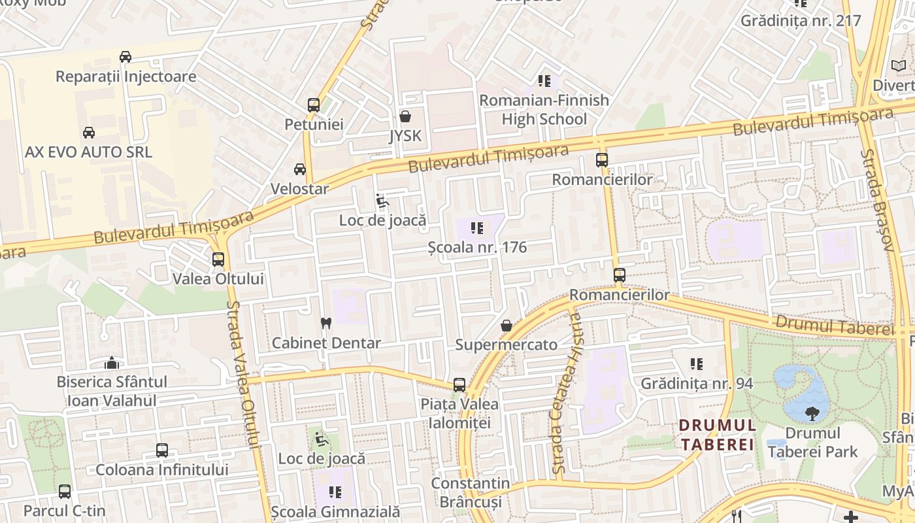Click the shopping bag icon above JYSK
[405, 117]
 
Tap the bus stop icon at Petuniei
[314, 105]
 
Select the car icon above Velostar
[300, 169]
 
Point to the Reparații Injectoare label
[125, 76]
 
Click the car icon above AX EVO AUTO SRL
[88, 133]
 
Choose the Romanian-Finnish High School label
[544, 110]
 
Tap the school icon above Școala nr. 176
[477, 228]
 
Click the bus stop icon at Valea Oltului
[218, 260]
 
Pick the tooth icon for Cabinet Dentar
[326, 323]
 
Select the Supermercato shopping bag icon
[506, 326]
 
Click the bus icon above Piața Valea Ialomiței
[459, 385]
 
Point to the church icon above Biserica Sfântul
[112, 363]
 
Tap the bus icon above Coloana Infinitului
[161, 450]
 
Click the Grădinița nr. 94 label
[697, 383]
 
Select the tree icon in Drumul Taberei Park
[812, 413]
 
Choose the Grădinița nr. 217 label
[801, 20]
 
